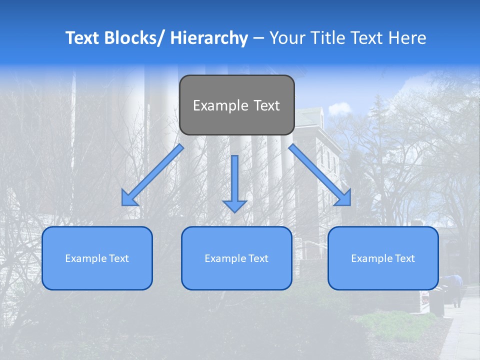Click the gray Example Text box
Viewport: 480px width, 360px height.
pos(236,105)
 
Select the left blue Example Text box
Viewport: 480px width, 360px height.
pos(97,258)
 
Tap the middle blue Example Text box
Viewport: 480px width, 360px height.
pos(236,258)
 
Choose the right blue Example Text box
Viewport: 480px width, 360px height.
pos(383,258)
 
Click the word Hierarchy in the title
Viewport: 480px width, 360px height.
pos(209,38)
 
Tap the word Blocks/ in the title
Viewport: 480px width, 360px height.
pos(137,38)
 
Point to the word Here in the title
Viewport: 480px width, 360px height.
pos(407,38)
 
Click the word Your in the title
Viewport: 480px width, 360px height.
pos(287,38)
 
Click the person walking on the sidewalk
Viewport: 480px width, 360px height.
pos(456,289)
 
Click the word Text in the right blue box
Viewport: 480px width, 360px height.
pos(404,258)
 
